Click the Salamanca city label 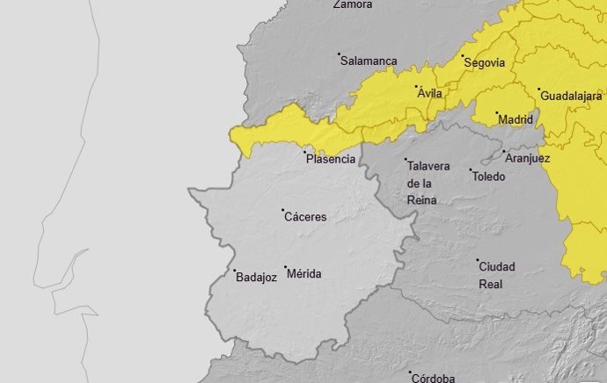coord(369,61)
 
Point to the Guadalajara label coord(571,95)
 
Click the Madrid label coord(516,119)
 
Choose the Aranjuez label coord(528,159)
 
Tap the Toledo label coord(489,177)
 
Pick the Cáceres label coord(306,217)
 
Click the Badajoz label coord(257,278)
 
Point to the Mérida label coord(305,274)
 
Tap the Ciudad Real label coord(496,275)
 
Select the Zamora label coord(353,4)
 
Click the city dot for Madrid coord(496,113)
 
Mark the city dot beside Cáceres coord(282,211)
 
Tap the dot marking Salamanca coord(340,54)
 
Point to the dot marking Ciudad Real coord(478,261)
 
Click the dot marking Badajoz coord(234,271)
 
